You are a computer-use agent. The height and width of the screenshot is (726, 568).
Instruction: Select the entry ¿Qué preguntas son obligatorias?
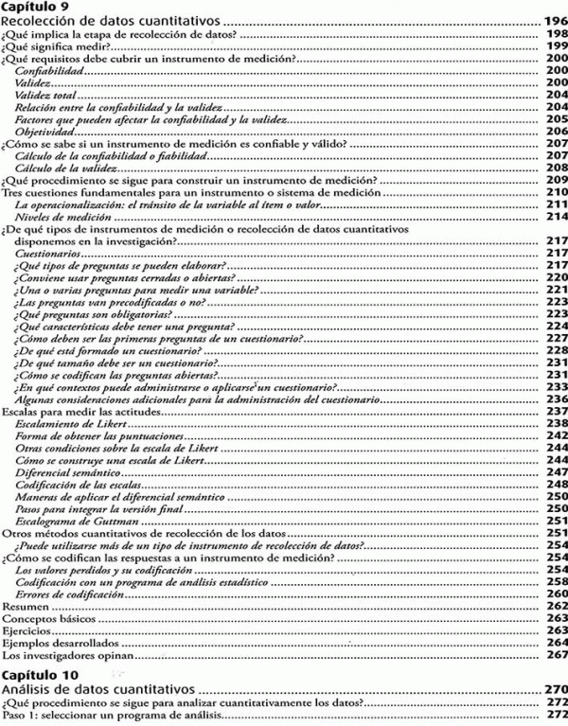(x=93, y=314)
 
